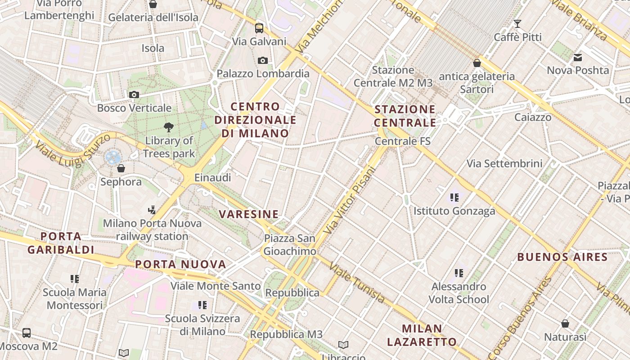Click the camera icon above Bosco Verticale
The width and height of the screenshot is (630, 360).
pos(134,94)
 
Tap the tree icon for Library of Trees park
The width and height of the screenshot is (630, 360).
pos(169,127)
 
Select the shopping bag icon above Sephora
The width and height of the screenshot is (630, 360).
pos(121,168)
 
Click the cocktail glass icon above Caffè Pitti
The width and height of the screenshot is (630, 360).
pos(517,23)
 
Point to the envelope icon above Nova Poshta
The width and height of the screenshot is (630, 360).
pos(578,57)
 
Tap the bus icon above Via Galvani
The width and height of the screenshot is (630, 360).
pos(259,28)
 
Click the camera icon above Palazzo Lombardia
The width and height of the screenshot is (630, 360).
pos(263,60)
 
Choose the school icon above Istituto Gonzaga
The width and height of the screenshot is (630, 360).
pos(454,197)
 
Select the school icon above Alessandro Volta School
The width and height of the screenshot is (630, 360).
pos(459,273)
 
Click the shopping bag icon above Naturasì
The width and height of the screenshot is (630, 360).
pos(565,324)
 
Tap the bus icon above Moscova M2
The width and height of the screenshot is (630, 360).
pos(27,333)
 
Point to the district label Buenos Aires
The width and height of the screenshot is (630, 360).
pos(562,257)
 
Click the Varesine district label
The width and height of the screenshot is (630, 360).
pos(249,214)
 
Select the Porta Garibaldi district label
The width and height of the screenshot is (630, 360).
pos(61,243)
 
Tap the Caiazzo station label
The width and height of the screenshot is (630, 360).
pos(533,117)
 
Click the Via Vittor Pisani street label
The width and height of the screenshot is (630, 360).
pos(349,200)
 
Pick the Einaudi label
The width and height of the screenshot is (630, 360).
pos(212,178)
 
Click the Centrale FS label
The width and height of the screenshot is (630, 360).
pos(403,141)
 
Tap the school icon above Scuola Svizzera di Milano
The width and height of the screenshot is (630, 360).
pos(202,305)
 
